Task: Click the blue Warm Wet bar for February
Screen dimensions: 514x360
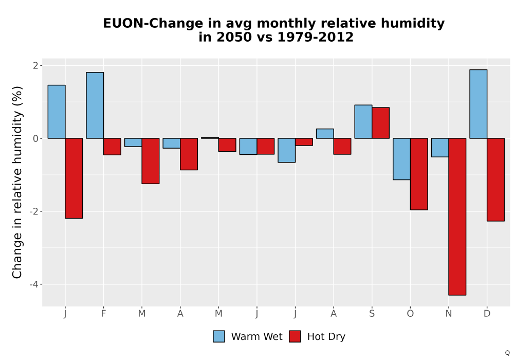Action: point(95,105)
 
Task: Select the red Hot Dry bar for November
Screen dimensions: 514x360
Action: point(457,217)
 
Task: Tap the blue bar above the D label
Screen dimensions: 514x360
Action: point(478,104)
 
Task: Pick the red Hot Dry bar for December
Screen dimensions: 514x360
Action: point(495,179)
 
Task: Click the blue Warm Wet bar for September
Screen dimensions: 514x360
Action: point(363,122)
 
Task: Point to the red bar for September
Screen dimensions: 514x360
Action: point(380,122)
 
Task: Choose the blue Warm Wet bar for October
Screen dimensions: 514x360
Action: point(401,159)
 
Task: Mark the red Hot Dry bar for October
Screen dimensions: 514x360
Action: point(419,174)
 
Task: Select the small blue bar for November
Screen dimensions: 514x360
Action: point(440,148)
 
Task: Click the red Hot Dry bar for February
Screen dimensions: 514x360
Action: point(112,147)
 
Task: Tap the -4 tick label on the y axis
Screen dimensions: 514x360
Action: point(34,284)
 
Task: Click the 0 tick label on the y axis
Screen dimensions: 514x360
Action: point(36,138)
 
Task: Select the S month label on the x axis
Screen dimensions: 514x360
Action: point(372,314)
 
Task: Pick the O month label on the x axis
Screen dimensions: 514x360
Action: point(410,314)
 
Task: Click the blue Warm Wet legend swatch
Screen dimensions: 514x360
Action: point(218,336)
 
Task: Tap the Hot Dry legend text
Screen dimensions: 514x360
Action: point(326,337)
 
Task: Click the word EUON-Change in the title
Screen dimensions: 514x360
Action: point(153,24)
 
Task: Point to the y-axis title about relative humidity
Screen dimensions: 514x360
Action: point(17,182)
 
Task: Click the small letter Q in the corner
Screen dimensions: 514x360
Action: point(507,353)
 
